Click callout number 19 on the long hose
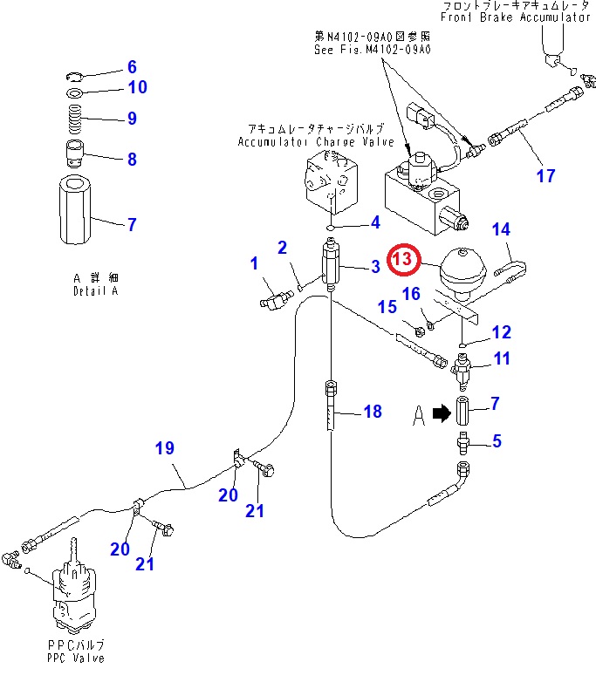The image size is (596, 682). point(165,448)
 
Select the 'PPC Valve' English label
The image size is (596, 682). point(77,658)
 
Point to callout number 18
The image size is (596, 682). point(373,411)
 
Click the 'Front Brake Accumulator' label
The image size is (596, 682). point(516,17)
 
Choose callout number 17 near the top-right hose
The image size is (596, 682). point(545,176)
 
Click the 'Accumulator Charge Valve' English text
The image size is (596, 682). point(316,141)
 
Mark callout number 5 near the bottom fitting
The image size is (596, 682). point(497,441)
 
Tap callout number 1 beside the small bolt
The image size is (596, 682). point(254,263)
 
